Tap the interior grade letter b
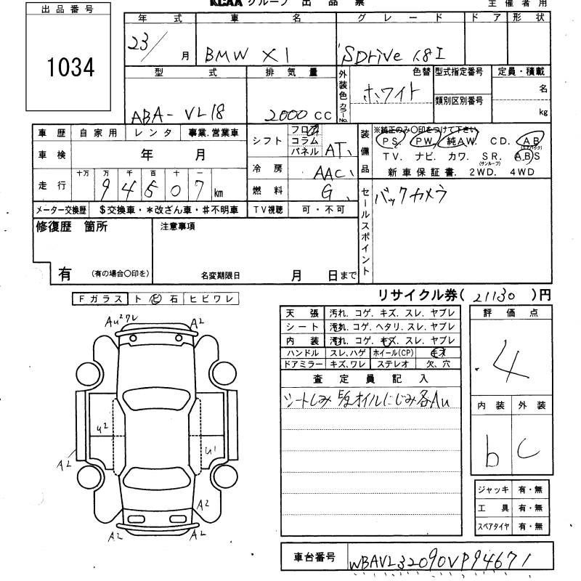[x=492, y=454]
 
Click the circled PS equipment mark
[x=391, y=141]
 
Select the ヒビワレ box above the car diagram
[x=211, y=299]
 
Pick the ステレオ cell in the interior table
[x=393, y=363]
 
